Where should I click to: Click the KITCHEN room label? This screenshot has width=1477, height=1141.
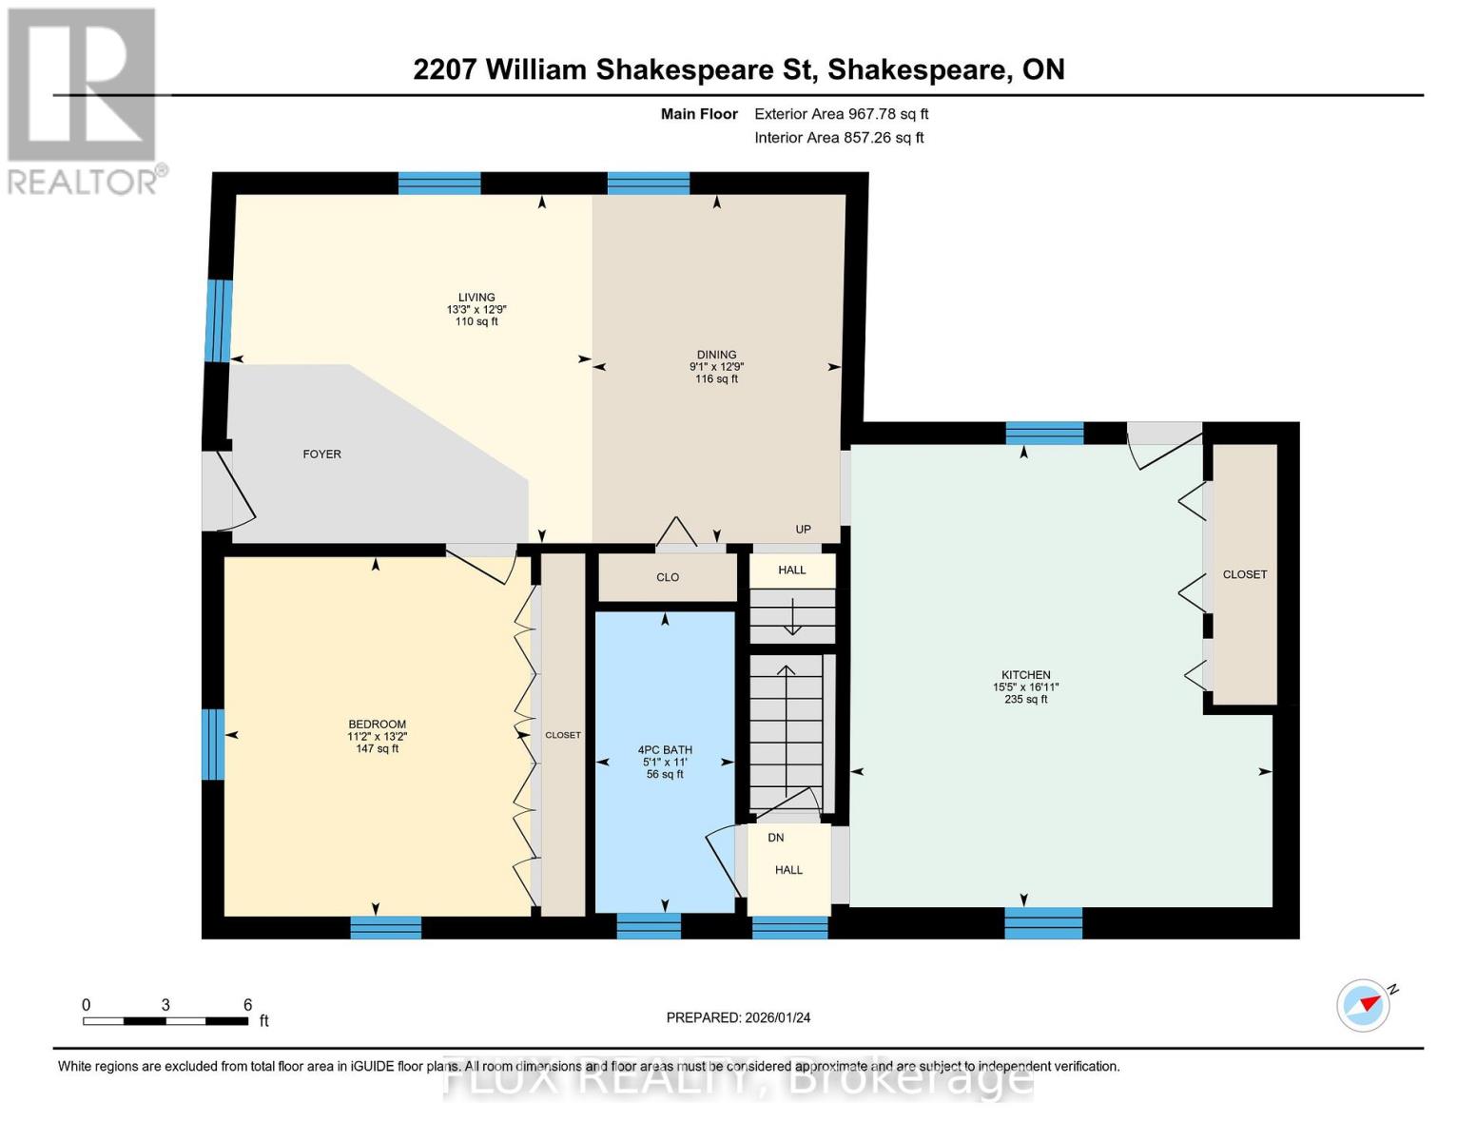1025,675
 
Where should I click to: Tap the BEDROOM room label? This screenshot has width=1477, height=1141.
378,725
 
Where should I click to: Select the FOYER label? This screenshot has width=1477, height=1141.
322,454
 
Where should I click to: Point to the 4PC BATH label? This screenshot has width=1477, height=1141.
665,749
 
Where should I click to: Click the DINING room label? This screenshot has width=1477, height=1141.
716,354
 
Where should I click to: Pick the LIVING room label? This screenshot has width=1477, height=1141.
476,297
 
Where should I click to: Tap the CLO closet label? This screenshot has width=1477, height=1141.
668,577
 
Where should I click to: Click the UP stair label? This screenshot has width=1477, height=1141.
804,530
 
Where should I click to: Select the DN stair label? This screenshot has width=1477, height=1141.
776,838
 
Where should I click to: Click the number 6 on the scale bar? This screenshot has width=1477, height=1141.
247,1005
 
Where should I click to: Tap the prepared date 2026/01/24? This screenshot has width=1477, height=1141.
778,1017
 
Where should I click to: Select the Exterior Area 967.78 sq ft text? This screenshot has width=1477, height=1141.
842,114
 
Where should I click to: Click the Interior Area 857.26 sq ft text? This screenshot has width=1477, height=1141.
840,138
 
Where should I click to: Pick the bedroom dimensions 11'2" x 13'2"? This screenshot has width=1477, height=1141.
378,737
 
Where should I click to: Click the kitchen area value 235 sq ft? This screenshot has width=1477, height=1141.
1025,699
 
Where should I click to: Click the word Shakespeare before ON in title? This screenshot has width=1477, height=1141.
918,70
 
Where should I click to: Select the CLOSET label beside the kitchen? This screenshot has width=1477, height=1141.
1245,574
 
